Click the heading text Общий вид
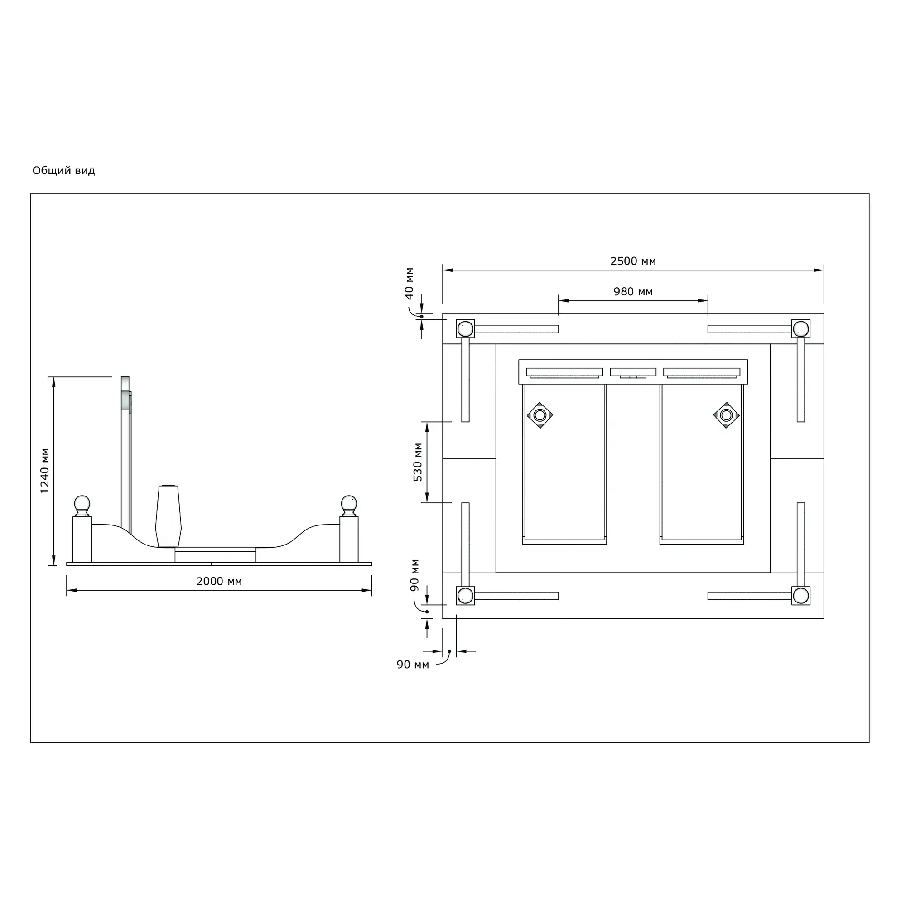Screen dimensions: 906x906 [x=64, y=171]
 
